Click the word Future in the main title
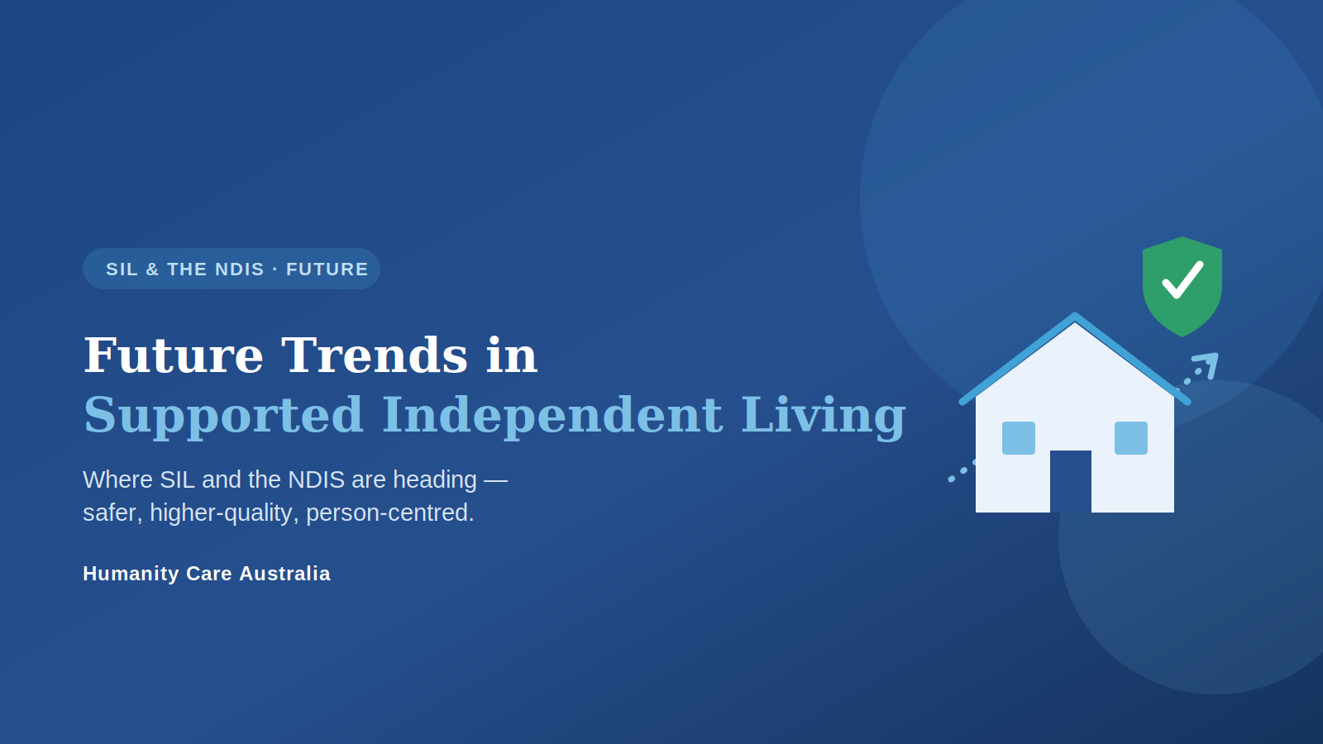coord(174,355)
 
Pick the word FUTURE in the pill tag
coord(327,269)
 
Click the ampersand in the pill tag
coord(152,269)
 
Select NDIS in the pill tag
coord(240,269)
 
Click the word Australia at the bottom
coord(284,574)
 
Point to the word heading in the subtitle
coord(435,480)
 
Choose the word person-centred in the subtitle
coord(389,513)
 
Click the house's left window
coord(1019,438)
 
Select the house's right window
coord(1131,438)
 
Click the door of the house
coord(1071,481)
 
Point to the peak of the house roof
coord(1075,315)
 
